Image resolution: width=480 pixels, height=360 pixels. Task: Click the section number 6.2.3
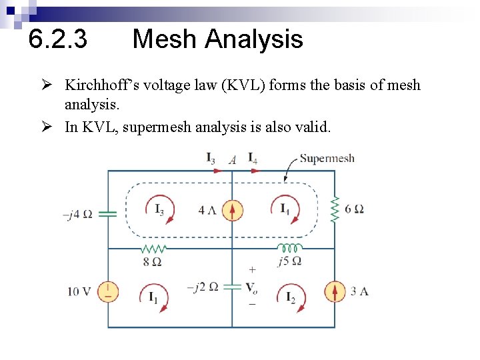pos(58,39)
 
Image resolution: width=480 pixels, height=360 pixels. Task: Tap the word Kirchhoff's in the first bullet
pos(99,85)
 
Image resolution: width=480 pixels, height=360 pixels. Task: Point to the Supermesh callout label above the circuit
pos(327,159)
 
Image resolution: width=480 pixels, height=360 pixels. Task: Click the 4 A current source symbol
pos(232,211)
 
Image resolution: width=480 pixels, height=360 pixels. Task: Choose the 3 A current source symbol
pos(335,291)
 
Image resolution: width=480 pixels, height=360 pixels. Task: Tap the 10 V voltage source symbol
pos(108,291)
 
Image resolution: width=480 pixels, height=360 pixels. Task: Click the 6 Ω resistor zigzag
pos(335,209)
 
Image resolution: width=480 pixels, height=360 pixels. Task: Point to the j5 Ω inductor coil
pos(289,248)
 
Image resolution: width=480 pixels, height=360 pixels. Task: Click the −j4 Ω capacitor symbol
pos(108,214)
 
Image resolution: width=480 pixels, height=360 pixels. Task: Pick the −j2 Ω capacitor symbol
pos(232,286)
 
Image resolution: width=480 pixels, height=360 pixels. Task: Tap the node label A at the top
pos(232,160)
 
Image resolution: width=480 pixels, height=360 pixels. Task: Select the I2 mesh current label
pos(290,297)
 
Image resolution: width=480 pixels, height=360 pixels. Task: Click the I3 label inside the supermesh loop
pos(160,210)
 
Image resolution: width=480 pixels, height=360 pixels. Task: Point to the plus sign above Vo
pos(252,270)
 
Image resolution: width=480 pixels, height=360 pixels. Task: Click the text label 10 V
pos(78,291)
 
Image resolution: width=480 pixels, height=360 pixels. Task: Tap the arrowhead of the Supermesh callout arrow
pos(285,180)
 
